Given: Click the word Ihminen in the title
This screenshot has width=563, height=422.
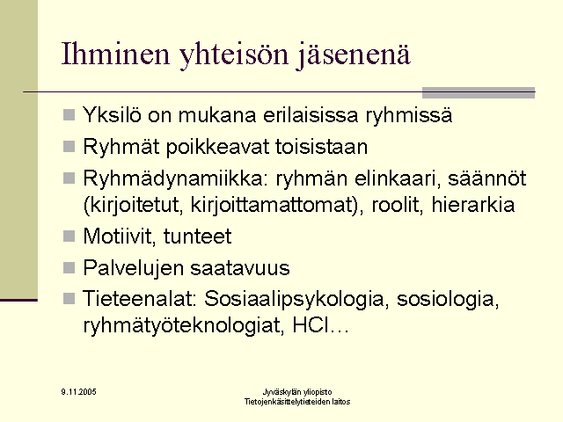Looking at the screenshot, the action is tap(115, 54).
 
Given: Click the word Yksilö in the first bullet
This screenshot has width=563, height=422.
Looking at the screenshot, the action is tap(112, 115).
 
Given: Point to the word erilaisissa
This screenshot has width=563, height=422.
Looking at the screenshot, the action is tap(311, 115).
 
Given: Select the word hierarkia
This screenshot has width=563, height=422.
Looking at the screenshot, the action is tap(473, 205).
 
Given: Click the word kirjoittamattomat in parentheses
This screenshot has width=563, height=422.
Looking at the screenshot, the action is tap(274, 205).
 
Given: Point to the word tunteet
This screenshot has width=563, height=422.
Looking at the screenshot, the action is tap(197, 236).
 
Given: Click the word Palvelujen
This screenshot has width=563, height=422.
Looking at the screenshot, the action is tap(134, 268).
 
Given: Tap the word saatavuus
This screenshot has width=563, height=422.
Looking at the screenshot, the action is tap(240, 268).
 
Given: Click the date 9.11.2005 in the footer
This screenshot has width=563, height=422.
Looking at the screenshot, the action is tap(78, 392).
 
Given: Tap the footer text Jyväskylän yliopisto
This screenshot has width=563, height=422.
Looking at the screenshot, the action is tap(297, 392).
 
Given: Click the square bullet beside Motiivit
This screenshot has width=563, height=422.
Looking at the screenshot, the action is tap(69, 236).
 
